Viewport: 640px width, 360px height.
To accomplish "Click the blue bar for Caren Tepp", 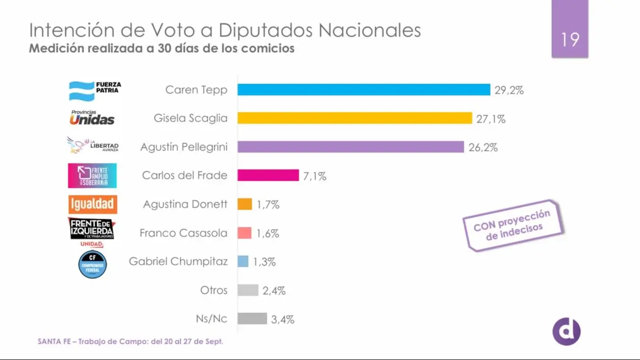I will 364,90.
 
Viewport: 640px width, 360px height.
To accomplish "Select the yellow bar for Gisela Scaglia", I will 354,118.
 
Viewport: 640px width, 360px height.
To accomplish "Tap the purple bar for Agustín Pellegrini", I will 350,147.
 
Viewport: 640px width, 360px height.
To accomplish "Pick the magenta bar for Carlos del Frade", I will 268,175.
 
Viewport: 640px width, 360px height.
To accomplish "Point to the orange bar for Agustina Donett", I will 245,204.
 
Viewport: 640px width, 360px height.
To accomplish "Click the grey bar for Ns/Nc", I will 252,318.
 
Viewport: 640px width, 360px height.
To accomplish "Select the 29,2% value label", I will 509,91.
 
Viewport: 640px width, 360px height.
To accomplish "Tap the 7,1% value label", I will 315,176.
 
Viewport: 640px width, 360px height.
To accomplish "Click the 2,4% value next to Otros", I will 274,291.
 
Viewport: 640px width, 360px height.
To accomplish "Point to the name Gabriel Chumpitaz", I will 178,262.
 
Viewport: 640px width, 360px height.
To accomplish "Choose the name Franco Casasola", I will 183,233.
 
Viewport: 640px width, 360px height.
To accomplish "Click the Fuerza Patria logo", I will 95,90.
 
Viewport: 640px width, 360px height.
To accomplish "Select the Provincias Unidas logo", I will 92,117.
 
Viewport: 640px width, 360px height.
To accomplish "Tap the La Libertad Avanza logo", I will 93,145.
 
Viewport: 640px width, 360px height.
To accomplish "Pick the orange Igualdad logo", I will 93,204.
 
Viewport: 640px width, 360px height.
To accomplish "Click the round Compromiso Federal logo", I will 92,264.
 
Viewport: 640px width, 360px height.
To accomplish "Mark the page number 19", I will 570,38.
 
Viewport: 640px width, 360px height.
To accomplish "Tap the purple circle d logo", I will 566,331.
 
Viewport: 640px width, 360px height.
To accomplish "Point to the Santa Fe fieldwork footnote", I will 130,341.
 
